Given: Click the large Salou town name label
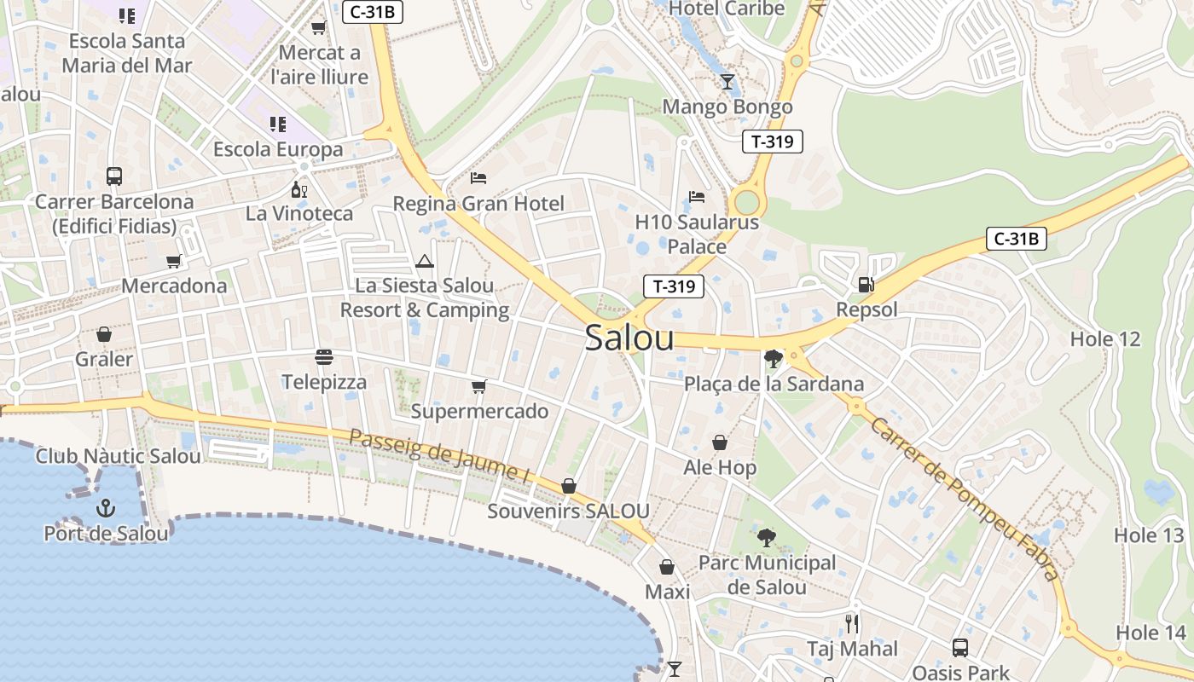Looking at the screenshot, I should [629, 338].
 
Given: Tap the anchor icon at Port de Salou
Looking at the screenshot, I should [105, 509].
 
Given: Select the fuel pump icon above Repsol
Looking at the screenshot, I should [867, 285].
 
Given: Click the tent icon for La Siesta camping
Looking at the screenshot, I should [425, 261].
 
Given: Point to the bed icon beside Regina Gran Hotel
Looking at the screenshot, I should [478, 178].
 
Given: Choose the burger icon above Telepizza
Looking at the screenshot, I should [323, 356].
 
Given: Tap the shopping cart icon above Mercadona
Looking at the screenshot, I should [174, 261].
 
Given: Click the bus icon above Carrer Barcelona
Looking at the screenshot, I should [114, 176].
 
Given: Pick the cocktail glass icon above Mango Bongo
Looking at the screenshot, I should [727, 82].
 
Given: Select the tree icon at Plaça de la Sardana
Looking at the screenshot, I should [774, 359].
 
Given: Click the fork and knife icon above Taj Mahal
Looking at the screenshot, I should [852, 624].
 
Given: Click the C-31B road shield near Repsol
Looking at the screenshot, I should [1016, 239].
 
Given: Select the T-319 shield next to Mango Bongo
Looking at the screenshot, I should [773, 142].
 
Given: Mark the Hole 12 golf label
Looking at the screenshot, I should [1104, 339].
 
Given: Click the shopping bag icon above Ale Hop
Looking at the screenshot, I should [720, 442].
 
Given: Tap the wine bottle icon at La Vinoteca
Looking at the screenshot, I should [299, 189].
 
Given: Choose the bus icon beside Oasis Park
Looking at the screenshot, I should [960, 648].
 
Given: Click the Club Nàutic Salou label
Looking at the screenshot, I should [119, 456].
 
